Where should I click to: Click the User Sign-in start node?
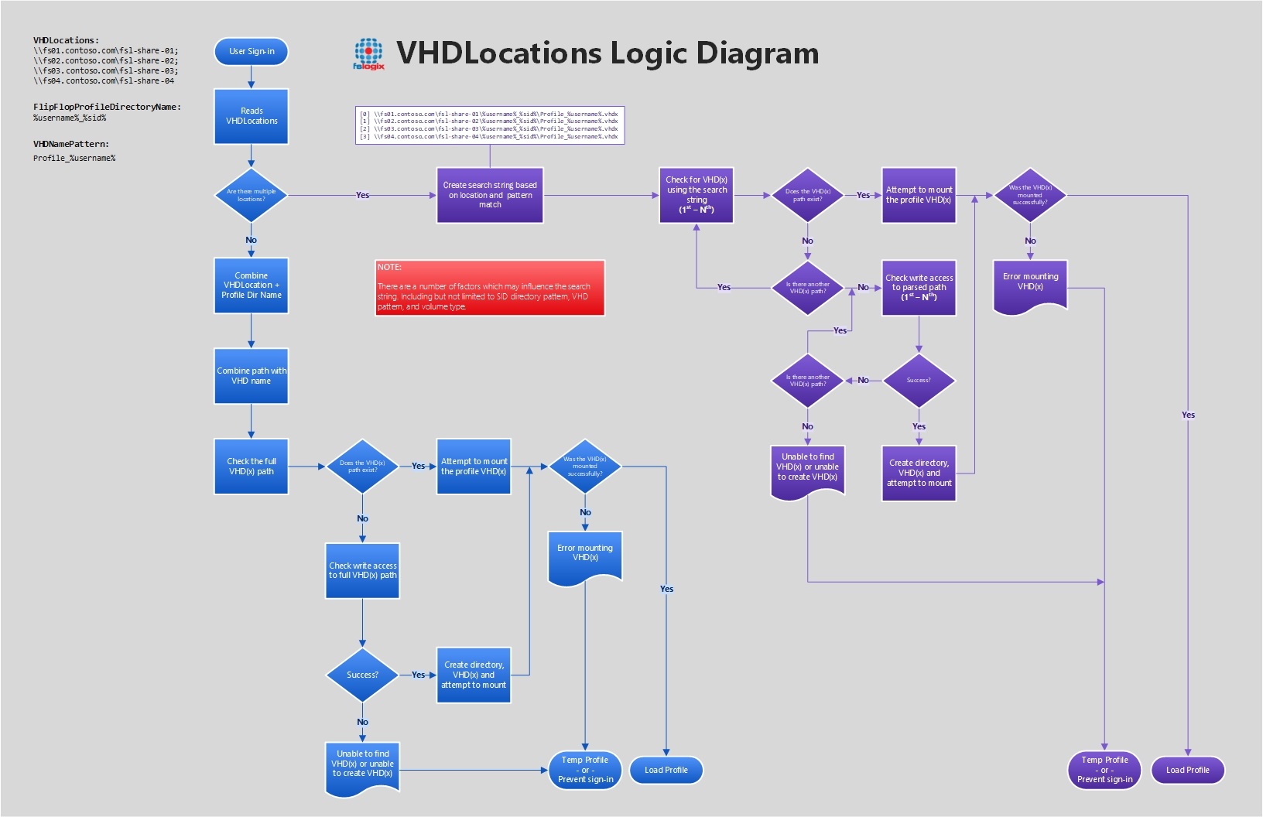(x=251, y=52)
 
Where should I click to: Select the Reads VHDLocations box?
(x=252, y=116)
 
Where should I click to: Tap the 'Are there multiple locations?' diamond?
(x=251, y=195)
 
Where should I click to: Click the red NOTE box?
(x=489, y=288)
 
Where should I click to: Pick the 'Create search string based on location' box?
(x=490, y=195)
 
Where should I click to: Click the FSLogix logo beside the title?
(x=368, y=54)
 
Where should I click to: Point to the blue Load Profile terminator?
(x=666, y=770)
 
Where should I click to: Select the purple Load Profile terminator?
(x=1187, y=770)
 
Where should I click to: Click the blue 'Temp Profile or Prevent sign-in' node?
(x=585, y=770)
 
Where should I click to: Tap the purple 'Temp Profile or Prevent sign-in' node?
(x=1104, y=770)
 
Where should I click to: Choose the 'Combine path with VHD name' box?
(x=252, y=376)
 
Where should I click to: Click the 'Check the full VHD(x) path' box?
(x=252, y=467)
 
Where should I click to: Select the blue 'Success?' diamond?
(x=362, y=675)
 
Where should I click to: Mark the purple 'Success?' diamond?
(x=919, y=381)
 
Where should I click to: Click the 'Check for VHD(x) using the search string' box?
(x=697, y=195)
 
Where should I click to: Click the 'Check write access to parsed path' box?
(x=919, y=288)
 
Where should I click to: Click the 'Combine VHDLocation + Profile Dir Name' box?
(x=252, y=285)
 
